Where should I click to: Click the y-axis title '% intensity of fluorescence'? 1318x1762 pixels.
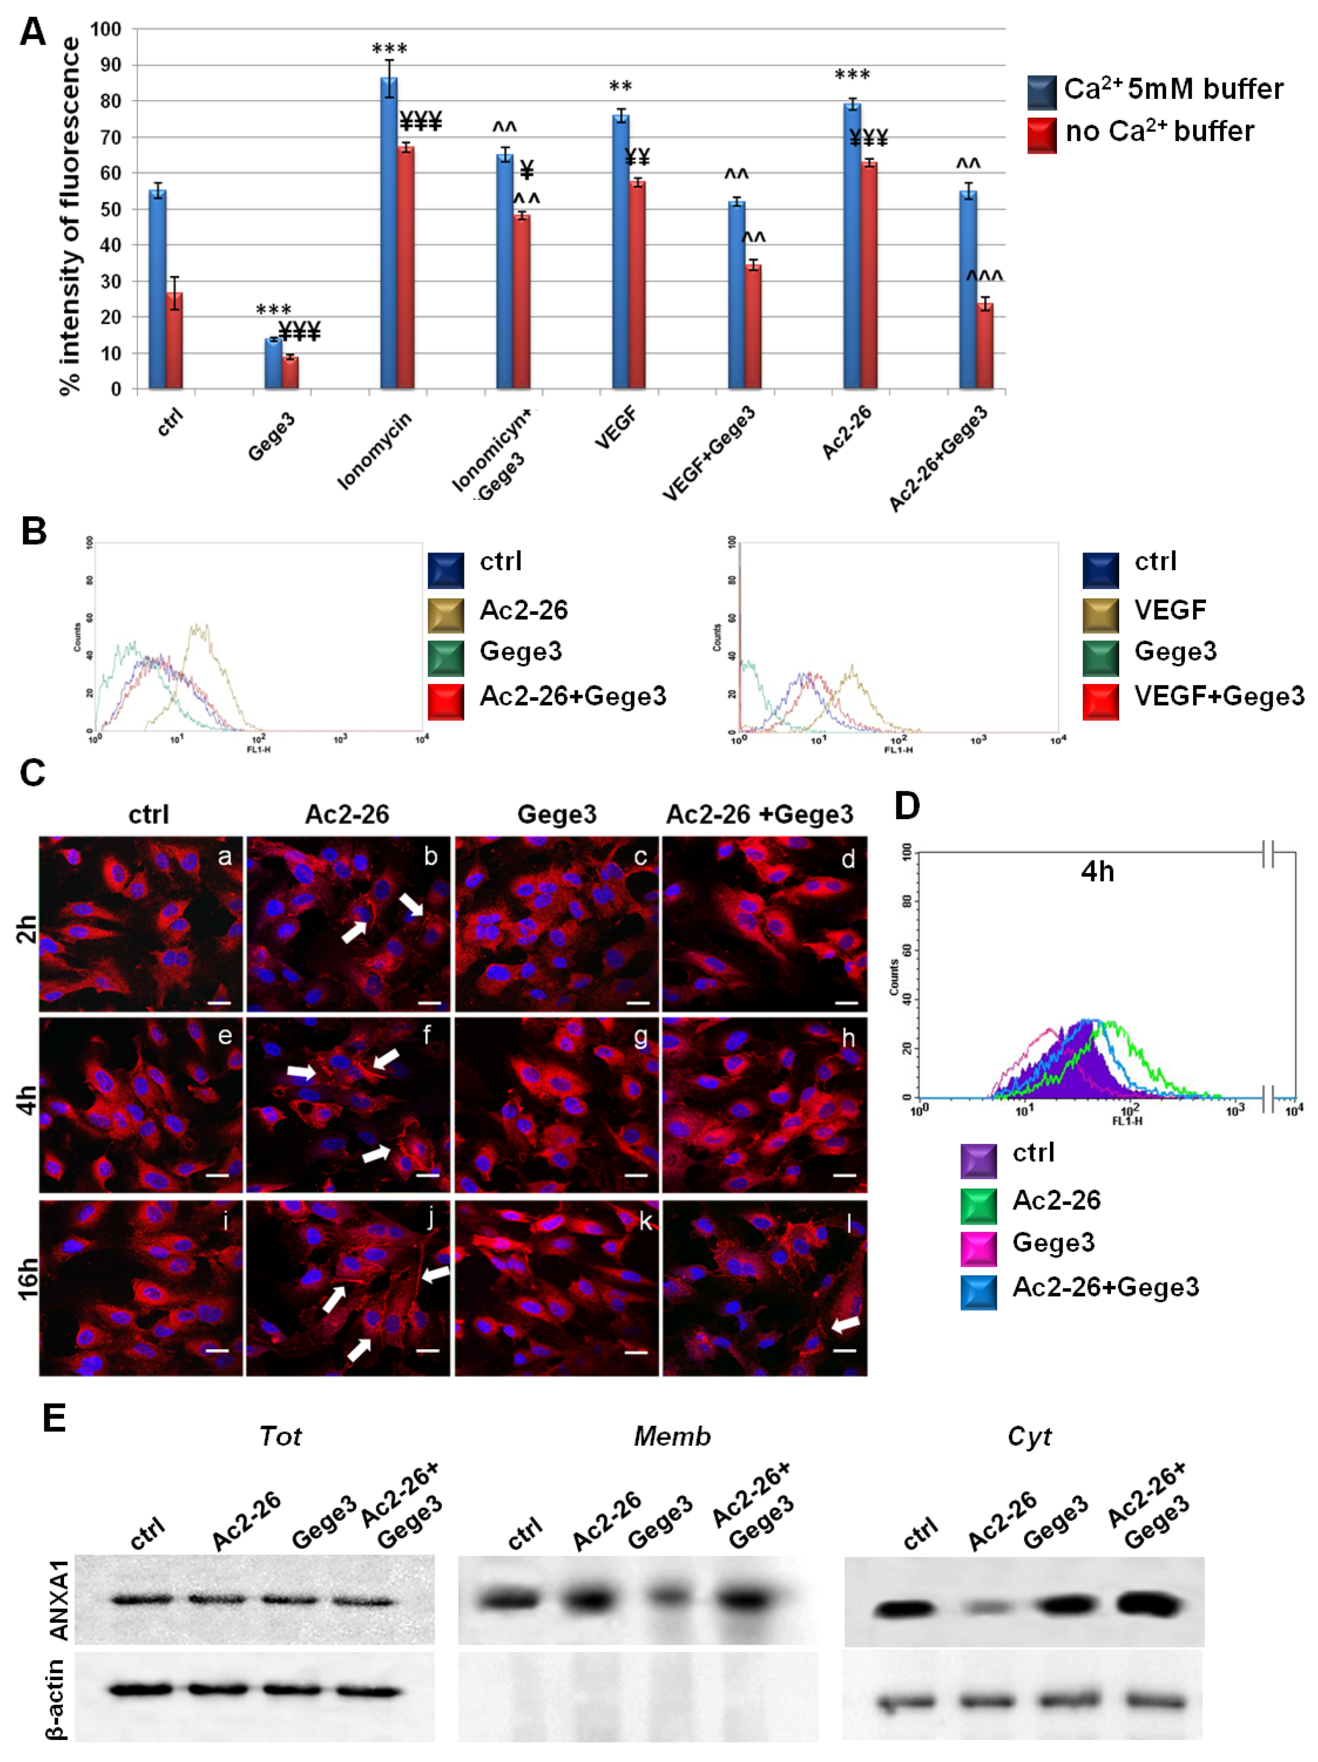(x=70, y=215)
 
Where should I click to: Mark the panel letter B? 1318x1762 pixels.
(x=33, y=531)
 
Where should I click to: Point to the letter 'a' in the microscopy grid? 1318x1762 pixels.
(x=225, y=857)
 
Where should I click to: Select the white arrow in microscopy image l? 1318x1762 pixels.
(x=846, y=1324)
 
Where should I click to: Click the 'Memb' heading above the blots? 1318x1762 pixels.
(x=672, y=1436)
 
